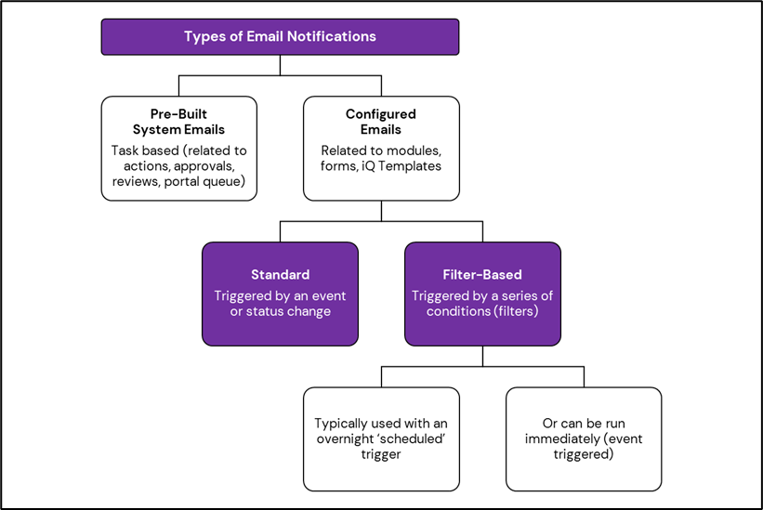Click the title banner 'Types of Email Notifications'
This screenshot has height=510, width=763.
[x=280, y=37]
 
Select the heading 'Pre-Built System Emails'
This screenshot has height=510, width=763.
[x=178, y=122]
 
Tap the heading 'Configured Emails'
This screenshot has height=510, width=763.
[x=381, y=122]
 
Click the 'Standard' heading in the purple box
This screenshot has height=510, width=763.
[x=280, y=275]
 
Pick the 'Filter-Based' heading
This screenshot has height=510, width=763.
[x=482, y=275]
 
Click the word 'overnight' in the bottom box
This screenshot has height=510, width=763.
[x=347, y=438]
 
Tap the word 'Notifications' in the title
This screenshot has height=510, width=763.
[x=331, y=37]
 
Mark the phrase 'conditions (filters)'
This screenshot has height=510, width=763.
[x=482, y=311]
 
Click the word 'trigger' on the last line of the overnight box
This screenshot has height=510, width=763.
[x=381, y=454]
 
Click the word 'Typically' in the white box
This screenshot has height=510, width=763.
[x=343, y=424]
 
